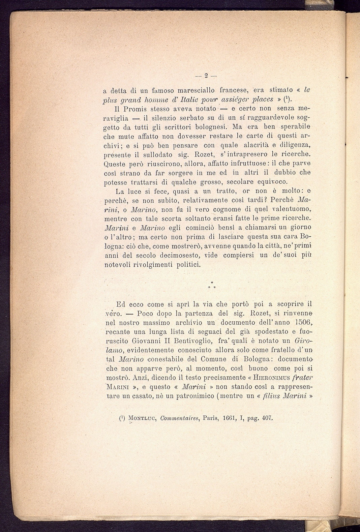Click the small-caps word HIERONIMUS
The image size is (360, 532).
[x=260, y=378]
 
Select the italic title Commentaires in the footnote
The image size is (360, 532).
[x=181, y=418]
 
